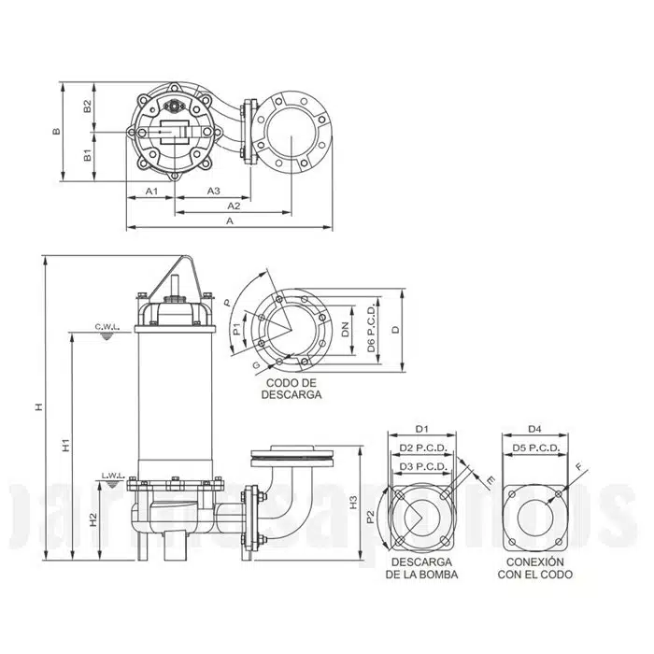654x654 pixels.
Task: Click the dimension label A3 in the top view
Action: [214, 191]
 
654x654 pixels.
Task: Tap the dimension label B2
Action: [86, 107]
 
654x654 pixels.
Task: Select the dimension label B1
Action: [86, 154]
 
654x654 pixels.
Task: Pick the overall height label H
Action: [38, 407]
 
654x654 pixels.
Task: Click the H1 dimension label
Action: [65, 447]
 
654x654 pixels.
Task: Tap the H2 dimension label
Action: [92, 519]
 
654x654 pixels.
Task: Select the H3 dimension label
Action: [354, 505]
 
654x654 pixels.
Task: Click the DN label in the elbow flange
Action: [345, 328]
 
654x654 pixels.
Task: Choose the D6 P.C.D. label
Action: [372, 328]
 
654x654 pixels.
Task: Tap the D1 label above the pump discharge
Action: [420, 429]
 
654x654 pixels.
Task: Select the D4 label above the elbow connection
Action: [534, 429]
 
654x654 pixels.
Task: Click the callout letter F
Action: [579, 467]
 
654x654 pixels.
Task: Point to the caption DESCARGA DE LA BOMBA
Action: [420, 568]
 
